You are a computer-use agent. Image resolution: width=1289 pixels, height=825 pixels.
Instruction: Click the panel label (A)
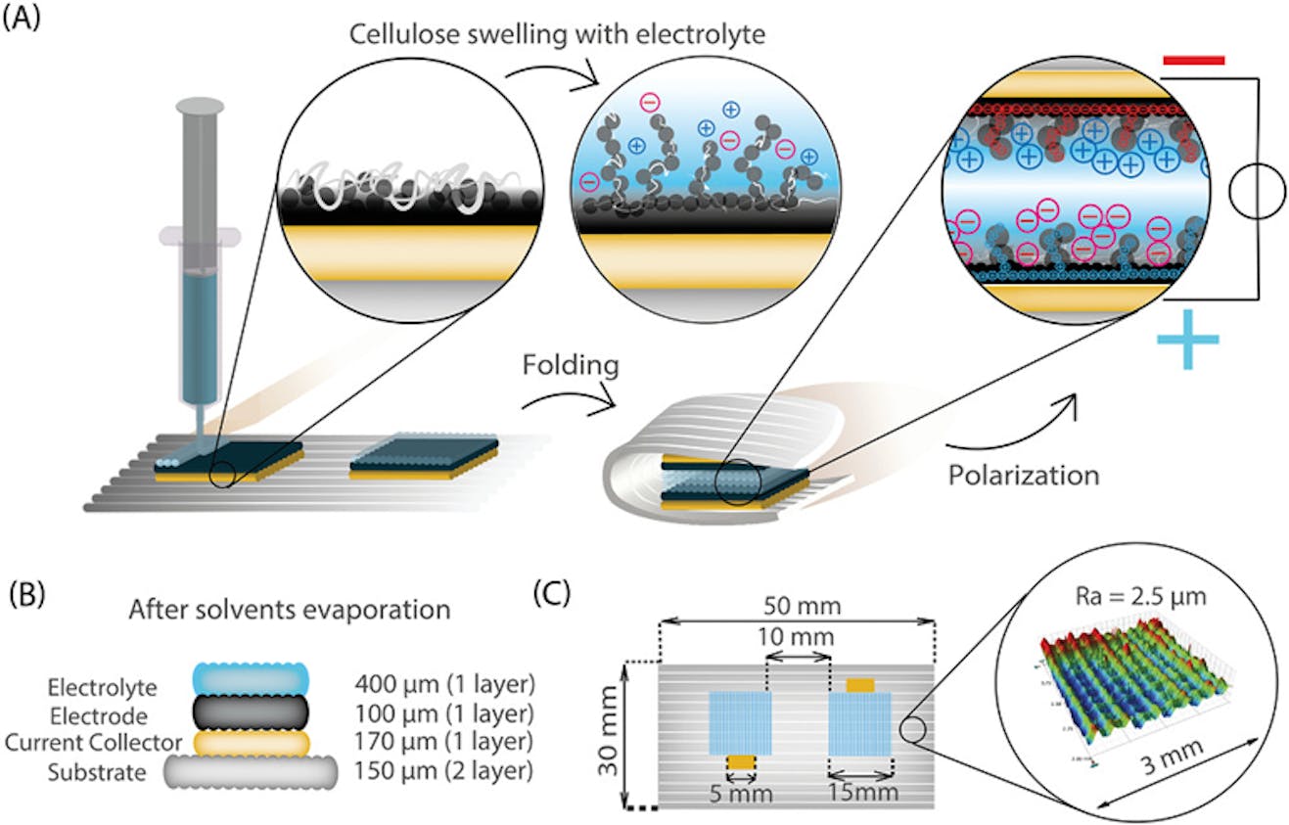point(22,20)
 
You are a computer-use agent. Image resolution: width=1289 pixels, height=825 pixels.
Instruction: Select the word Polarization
point(1023,477)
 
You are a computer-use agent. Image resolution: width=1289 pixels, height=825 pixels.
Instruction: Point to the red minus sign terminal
point(1193,61)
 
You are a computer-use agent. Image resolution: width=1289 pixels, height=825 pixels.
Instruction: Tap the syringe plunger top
point(200,103)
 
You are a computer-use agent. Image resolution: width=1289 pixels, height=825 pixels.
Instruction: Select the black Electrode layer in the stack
point(253,711)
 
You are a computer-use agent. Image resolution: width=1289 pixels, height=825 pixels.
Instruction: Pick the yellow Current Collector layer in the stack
point(253,743)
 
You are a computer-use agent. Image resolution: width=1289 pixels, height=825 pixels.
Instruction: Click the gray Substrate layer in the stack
point(253,773)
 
